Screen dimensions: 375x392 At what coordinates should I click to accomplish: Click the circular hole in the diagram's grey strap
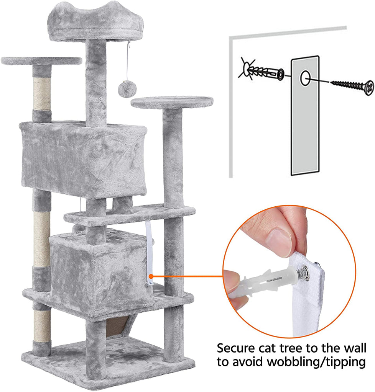point(305,78)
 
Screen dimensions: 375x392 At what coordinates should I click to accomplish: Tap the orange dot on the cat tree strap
point(151,276)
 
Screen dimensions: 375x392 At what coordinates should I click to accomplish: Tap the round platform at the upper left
point(41,61)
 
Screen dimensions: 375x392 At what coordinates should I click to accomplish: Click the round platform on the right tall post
point(172,103)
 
